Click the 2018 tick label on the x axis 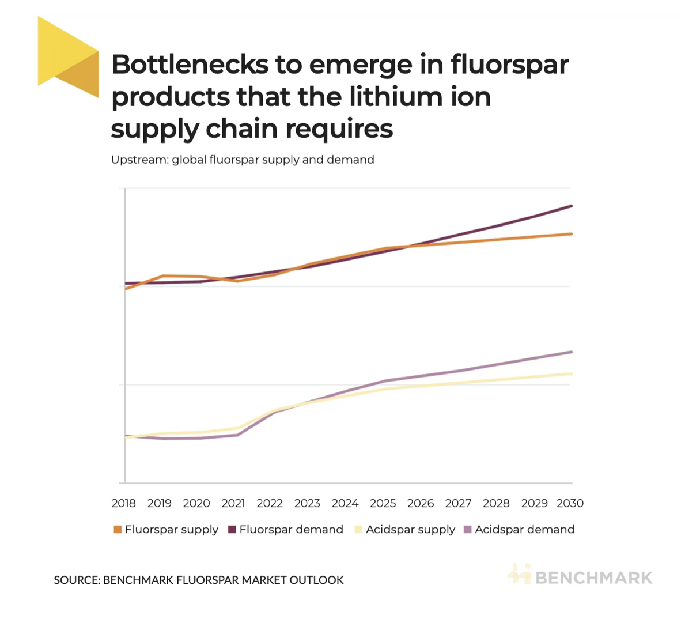(124, 503)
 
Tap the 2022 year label (270, 503)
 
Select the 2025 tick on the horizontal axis (383, 503)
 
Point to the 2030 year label (570, 503)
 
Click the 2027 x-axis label (459, 503)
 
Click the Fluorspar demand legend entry (286, 530)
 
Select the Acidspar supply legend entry (404, 530)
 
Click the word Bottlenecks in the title (190, 65)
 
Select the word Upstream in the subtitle (139, 160)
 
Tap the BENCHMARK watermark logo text (593, 578)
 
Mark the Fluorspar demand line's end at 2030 (571, 206)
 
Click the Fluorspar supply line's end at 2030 (571, 234)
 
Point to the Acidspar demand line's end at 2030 (571, 352)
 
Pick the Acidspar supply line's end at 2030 (571, 374)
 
